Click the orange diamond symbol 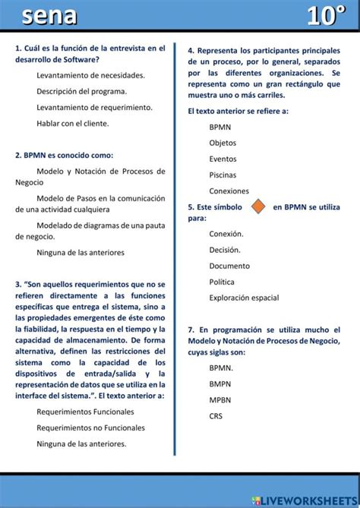click(x=258, y=206)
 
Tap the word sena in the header click(x=49, y=16)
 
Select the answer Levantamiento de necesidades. click(x=90, y=75)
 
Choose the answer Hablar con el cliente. click(x=72, y=123)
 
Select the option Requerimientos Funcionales click(x=85, y=412)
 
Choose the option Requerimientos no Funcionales click(x=90, y=428)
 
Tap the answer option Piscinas click(x=223, y=175)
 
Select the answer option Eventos click(x=223, y=159)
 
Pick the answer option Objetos click(x=223, y=143)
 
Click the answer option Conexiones click(x=229, y=191)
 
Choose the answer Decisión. click(x=225, y=250)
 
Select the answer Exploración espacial click(x=244, y=298)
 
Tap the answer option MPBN click(x=220, y=399)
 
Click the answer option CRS click(x=216, y=415)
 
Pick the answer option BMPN click(x=220, y=383)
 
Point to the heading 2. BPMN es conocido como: click(x=64, y=155)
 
